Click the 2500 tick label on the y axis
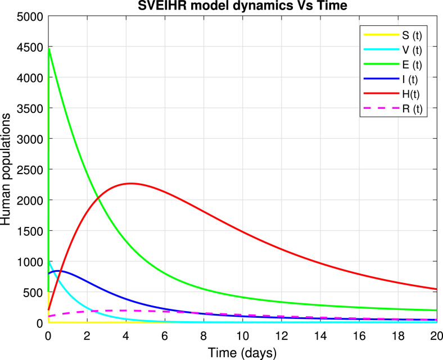point(32,170)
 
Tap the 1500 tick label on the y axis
point(32,231)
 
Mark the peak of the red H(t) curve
point(130,183)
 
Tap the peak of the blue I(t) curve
point(59,271)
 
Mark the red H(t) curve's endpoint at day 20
point(437,289)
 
